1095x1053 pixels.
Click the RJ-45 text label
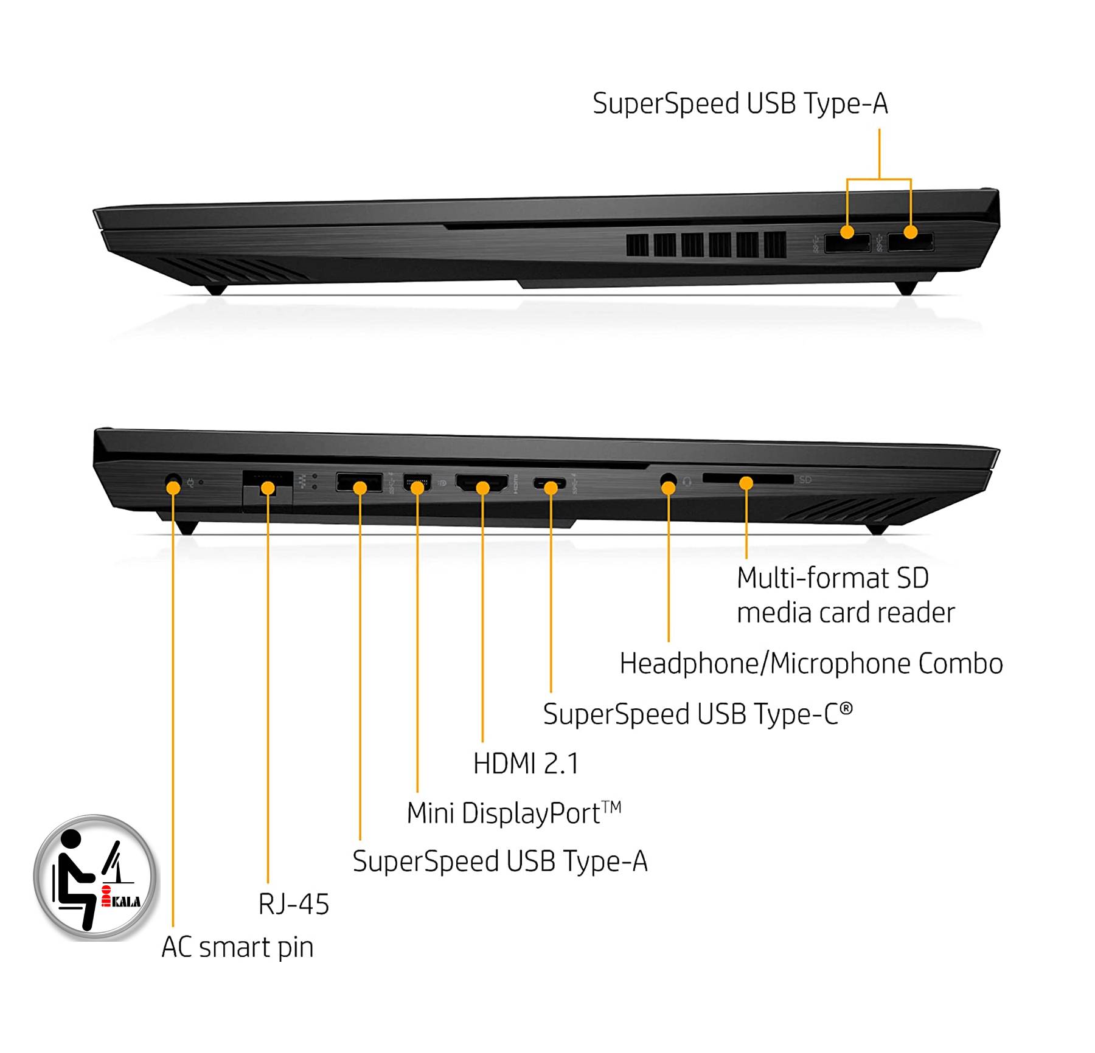click(x=294, y=904)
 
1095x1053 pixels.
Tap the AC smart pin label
click(x=237, y=947)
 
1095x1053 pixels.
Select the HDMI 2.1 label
click(x=526, y=764)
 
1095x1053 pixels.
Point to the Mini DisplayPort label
click(x=514, y=813)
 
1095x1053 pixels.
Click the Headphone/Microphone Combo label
click(x=811, y=663)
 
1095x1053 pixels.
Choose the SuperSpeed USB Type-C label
click(x=698, y=714)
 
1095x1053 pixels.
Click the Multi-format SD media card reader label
click(x=846, y=595)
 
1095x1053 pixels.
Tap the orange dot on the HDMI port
click(x=482, y=488)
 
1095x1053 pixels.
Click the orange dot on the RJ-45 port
click(x=268, y=488)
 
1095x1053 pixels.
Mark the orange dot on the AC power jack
click(x=173, y=486)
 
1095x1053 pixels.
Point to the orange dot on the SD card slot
click(x=746, y=484)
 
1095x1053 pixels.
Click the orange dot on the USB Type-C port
click(x=551, y=488)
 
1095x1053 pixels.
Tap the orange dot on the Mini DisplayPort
click(x=417, y=488)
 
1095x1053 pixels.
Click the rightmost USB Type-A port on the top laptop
click(x=911, y=243)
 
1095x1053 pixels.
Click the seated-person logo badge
click(x=95, y=876)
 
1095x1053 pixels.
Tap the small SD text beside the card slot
click(x=805, y=480)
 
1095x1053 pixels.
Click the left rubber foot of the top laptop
click(x=215, y=289)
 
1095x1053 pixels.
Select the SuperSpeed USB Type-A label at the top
click(x=740, y=104)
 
